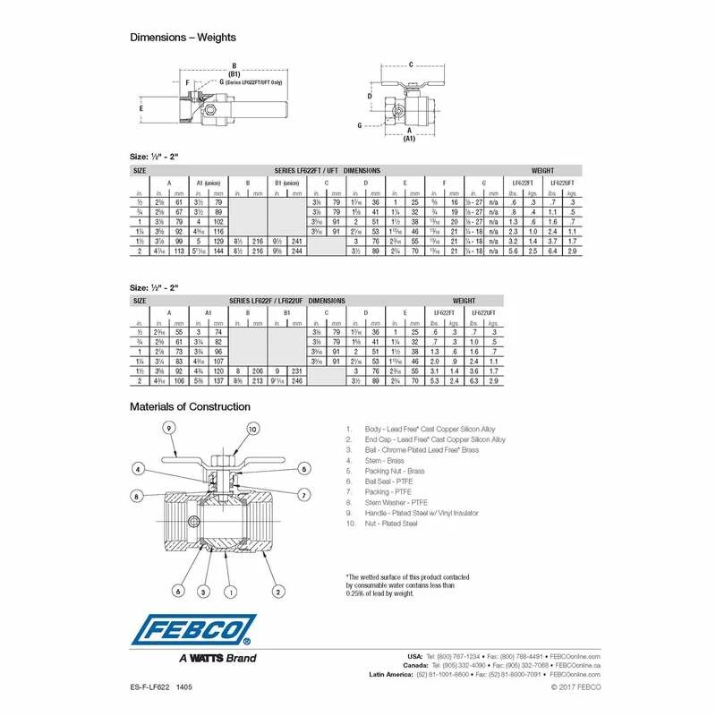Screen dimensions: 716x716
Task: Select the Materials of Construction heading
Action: (x=190, y=406)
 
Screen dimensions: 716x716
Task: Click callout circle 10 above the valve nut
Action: (x=253, y=430)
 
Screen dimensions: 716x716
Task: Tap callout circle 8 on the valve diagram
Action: (x=137, y=494)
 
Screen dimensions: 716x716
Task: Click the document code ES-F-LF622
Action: (x=151, y=686)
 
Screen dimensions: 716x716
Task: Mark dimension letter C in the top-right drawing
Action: (x=410, y=64)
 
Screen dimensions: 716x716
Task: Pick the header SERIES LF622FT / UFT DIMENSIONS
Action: (x=337, y=169)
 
